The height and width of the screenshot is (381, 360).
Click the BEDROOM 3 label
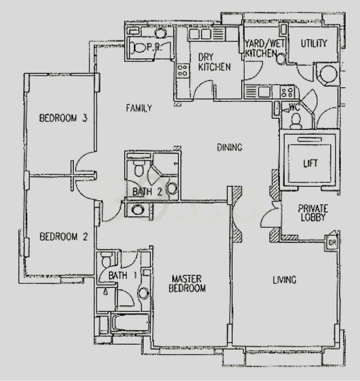[63, 118]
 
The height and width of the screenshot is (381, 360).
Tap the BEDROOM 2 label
[63, 237]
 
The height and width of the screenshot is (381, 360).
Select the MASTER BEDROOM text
[187, 283]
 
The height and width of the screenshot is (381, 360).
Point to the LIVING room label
[284, 280]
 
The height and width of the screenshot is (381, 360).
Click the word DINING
[229, 147]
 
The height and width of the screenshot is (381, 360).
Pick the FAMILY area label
[139, 108]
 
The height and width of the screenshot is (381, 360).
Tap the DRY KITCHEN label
[214, 62]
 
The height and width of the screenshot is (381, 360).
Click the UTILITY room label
[314, 44]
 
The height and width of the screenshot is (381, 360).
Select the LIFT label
[310, 163]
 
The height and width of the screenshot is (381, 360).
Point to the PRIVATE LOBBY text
[313, 213]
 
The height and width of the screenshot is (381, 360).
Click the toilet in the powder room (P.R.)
[137, 48]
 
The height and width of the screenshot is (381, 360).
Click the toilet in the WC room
[296, 121]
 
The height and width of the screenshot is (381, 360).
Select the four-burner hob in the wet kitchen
[287, 92]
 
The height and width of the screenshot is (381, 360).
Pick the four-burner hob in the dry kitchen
[183, 70]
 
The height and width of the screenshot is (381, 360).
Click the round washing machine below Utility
[328, 74]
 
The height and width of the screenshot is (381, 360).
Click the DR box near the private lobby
[332, 242]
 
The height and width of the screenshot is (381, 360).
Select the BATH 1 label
[123, 276]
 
